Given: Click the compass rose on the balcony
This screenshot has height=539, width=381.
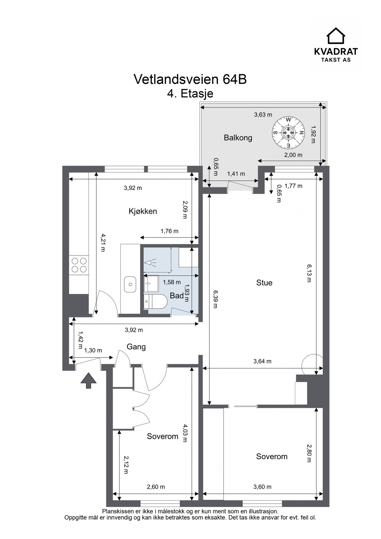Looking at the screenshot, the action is pos(288,132).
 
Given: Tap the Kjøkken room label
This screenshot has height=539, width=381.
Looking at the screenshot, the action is pos(143,211).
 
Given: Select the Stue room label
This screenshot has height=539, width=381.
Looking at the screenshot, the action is pos(264,283).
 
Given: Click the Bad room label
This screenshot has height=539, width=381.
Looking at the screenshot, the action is pos(177,296).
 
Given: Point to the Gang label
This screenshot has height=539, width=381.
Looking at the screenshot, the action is pos(136,347).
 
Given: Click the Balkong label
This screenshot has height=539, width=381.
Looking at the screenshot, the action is pos(238,138).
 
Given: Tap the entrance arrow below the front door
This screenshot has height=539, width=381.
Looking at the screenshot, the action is pos(89,380).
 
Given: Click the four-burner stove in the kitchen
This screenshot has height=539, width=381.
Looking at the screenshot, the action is pos(79,265).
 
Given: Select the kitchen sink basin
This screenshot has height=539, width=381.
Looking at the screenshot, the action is pos(130,284).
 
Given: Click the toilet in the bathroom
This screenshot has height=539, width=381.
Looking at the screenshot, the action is pos(155,301).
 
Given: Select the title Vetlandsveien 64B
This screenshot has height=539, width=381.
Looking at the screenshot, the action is pos(190,79).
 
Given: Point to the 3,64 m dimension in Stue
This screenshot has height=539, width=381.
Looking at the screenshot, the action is pos(262,361).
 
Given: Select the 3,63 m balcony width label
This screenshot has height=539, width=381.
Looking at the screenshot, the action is pos(263,114).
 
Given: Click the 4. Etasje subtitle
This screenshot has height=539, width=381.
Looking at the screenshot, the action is pos(190,94).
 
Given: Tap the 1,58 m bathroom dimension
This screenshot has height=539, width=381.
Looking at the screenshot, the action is pos(172,282).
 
